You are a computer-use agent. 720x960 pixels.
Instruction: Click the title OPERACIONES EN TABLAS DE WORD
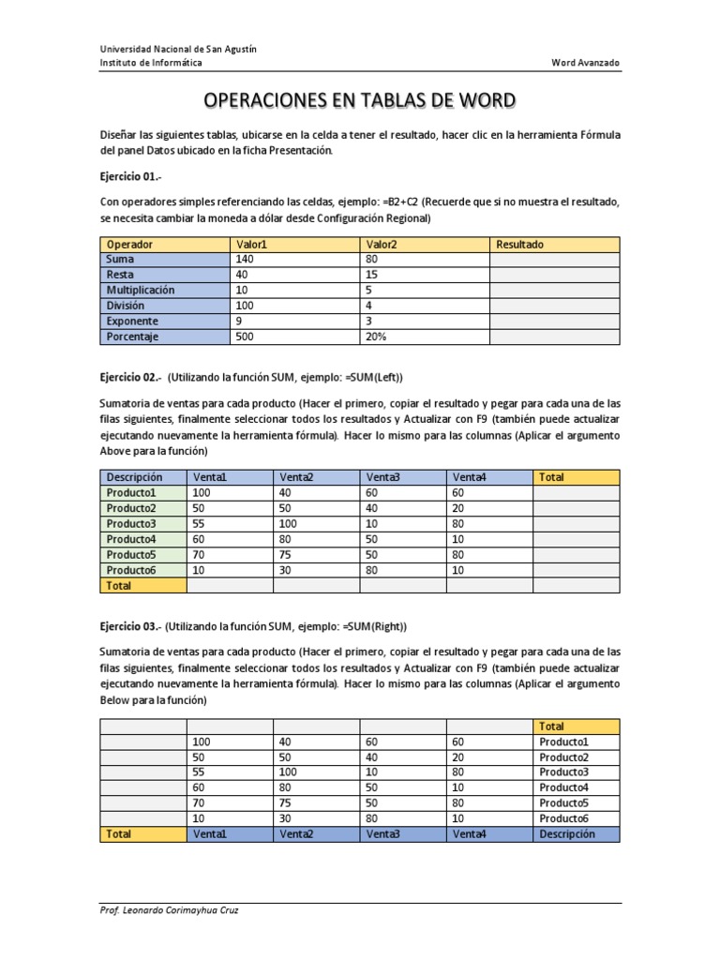pos(360,101)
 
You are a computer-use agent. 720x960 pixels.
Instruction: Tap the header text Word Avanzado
pos(585,63)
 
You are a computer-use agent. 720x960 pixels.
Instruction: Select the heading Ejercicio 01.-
pos(130,176)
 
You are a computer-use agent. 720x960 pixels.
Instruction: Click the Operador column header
pos(130,244)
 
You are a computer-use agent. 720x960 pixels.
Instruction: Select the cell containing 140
pos(246,259)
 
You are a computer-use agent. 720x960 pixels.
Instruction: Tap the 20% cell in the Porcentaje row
pos(376,336)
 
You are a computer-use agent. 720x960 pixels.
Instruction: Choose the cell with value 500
pos(246,336)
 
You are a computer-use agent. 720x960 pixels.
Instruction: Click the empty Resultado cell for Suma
pos(553,259)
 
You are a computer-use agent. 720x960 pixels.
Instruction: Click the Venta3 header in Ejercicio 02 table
pos(382,477)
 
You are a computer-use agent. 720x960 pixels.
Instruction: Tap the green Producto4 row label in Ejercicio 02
pos(130,539)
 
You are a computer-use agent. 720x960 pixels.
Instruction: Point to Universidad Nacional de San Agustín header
pos(178,49)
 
